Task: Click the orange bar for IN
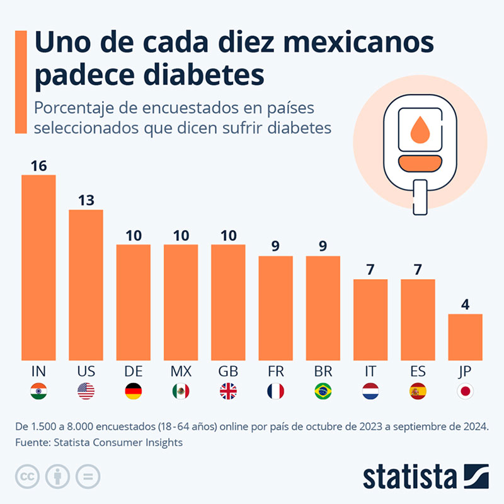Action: pos(38,268)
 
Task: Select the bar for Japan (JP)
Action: pos(465,337)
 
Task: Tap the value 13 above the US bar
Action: pos(86,200)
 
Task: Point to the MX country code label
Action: pos(181,370)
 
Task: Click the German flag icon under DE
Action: pos(134,391)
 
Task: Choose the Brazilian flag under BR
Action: pos(323,391)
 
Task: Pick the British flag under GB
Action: pos(228,391)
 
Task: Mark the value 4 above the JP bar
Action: pos(465,305)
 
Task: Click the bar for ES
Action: pos(418,319)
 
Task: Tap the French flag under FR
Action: pos(275,391)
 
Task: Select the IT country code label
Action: pos(370,370)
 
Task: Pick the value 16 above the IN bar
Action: pos(38,166)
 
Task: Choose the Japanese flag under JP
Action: pos(465,391)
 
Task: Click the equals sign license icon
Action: pos(88,476)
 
